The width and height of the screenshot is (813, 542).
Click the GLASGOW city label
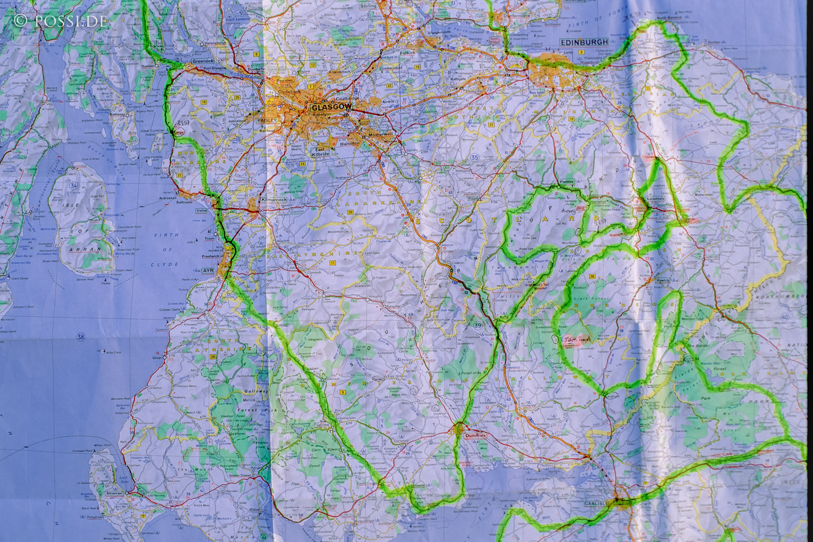point(328,108)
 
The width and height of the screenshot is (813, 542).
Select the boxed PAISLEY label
point(267,120)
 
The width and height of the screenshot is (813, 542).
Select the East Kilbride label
point(320,152)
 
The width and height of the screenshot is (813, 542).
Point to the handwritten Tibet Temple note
point(578,339)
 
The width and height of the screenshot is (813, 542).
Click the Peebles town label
point(566,182)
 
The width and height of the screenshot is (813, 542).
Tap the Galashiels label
point(655,199)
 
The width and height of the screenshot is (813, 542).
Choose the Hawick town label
point(663,280)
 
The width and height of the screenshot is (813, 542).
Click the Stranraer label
point(114,493)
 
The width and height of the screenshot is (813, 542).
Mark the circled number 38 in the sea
point(81,337)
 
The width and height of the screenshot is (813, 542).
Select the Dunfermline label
point(518,16)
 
